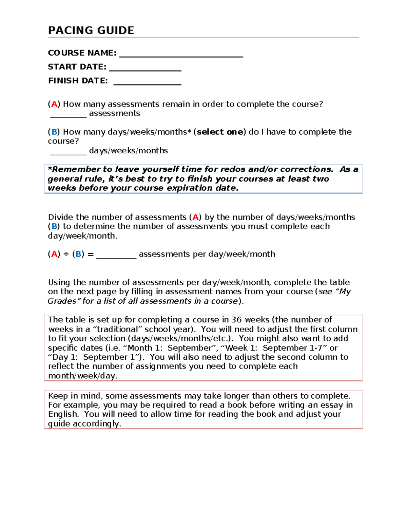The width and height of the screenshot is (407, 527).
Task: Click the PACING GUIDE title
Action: [x=91, y=31]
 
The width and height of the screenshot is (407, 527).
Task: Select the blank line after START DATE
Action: [x=145, y=68]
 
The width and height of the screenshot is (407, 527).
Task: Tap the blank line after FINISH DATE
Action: [x=147, y=82]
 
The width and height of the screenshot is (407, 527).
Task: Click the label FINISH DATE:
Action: [x=78, y=81]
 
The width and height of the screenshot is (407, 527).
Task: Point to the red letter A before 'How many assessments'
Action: [x=54, y=104]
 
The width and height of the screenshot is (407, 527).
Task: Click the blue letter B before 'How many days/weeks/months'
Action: [x=54, y=132]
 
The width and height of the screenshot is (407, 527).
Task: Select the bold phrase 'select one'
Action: [x=219, y=132]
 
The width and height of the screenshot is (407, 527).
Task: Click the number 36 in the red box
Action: [x=236, y=320]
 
